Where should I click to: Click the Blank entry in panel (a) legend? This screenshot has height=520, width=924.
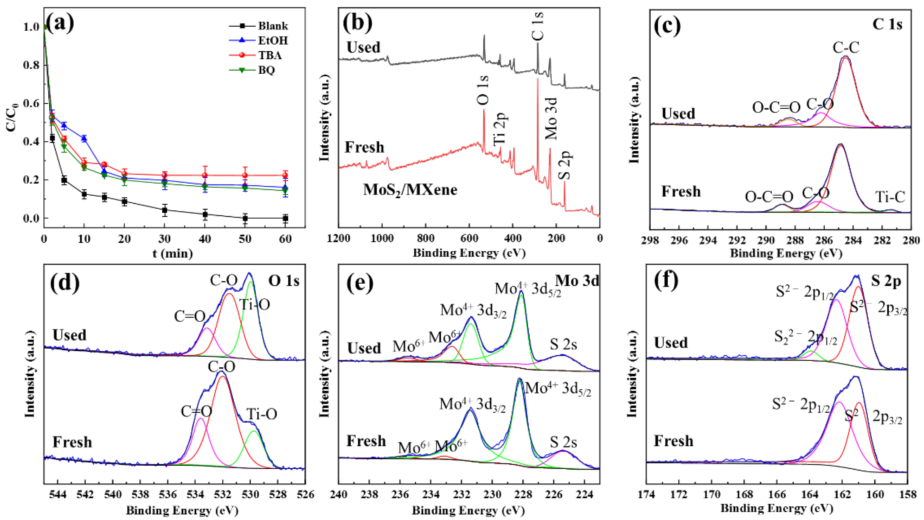point(273,26)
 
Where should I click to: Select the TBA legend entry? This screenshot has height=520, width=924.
point(269,55)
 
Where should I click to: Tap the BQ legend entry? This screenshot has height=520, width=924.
point(266,70)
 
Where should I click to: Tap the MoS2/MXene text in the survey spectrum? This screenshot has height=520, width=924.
point(410,190)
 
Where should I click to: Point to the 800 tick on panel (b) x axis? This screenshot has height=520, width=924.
point(425,238)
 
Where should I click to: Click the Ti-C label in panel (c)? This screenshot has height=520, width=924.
point(890,197)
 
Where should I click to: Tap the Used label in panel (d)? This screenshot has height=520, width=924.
point(70,335)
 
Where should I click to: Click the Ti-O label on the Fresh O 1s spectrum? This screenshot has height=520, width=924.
point(262,415)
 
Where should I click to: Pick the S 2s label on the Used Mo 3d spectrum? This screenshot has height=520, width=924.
point(564,344)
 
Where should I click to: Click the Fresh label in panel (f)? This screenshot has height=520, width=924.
point(673,441)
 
